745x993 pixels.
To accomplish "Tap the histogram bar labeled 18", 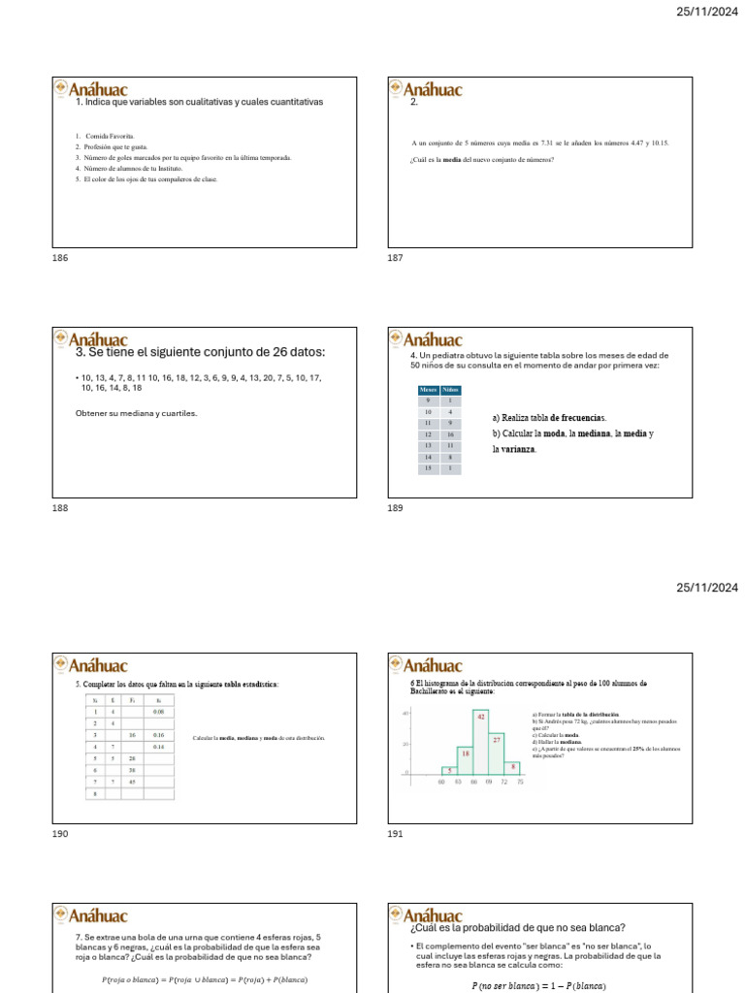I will [466, 759].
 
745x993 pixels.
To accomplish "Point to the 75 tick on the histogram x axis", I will [521, 781].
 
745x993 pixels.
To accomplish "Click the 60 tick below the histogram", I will [442, 781].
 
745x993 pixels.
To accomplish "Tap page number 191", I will [395, 833].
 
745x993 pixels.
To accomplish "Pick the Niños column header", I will [451, 389].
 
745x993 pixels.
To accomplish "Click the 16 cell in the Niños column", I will [451, 434].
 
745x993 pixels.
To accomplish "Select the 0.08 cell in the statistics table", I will [158, 712].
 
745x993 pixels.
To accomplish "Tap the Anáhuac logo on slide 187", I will [425, 88].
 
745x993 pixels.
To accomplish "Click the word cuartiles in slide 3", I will [180, 414].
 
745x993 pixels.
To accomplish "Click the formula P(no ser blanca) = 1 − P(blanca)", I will [538, 986].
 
